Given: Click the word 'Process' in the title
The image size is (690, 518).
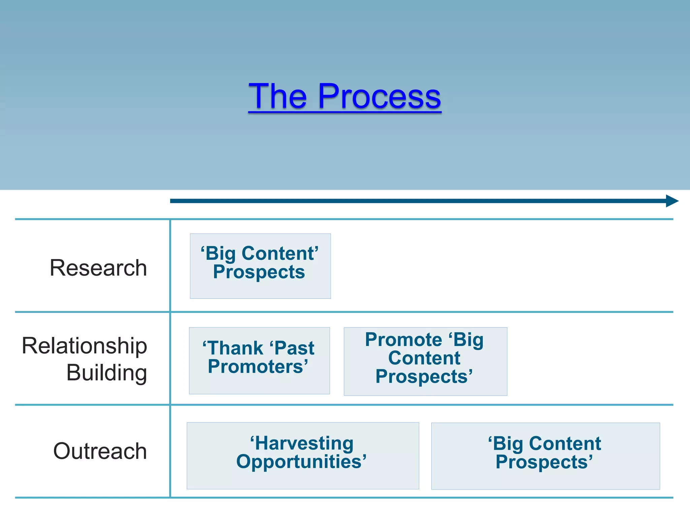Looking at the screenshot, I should click(379, 96).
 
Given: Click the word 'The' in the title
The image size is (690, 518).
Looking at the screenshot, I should click(278, 96).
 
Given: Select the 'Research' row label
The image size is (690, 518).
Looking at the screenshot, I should click(98, 268).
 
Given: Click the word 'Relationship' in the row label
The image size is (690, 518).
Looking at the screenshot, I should click(85, 346).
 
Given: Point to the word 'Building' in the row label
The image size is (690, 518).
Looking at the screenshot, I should click(106, 373).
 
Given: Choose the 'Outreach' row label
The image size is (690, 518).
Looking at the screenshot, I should click(100, 451).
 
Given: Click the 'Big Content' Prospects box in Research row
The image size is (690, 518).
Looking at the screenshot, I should click(260, 266).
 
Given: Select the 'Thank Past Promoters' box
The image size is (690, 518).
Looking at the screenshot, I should click(259, 361).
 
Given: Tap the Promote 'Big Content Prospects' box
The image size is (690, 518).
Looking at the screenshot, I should click(425, 361).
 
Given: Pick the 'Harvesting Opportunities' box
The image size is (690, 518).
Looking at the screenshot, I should click(303, 456).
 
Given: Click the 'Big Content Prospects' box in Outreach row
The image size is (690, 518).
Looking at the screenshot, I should click(545, 456).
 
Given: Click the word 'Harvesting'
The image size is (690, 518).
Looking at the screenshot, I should click(302, 443).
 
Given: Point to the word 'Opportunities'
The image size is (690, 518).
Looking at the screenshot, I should click(301, 462).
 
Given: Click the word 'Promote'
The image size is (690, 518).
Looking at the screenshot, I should click(403, 340).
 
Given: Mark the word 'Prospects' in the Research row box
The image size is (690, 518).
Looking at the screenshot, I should click(259, 272).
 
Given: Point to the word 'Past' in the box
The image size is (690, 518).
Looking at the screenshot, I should click(292, 348).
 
